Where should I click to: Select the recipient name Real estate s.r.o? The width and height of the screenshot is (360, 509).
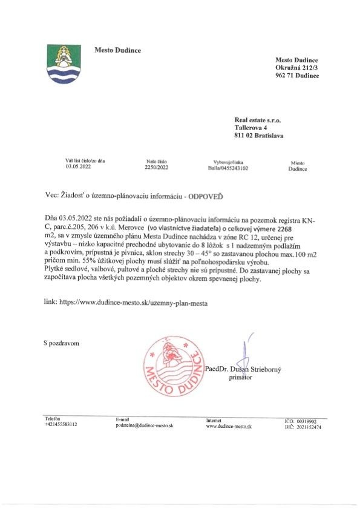tap(257, 120)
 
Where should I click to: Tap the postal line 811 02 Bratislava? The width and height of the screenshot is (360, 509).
tap(259, 136)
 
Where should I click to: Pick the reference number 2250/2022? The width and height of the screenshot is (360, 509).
tap(155, 169)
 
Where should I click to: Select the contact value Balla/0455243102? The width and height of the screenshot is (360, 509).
tap(227, 169)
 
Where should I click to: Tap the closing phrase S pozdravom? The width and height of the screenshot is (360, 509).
tap(61, 343)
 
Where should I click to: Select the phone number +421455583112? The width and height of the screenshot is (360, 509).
tap(61, 425)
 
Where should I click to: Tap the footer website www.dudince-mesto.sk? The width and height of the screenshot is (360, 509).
tap(229, 426)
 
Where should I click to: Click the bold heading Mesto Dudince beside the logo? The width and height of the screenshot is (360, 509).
tap(117, 50)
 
